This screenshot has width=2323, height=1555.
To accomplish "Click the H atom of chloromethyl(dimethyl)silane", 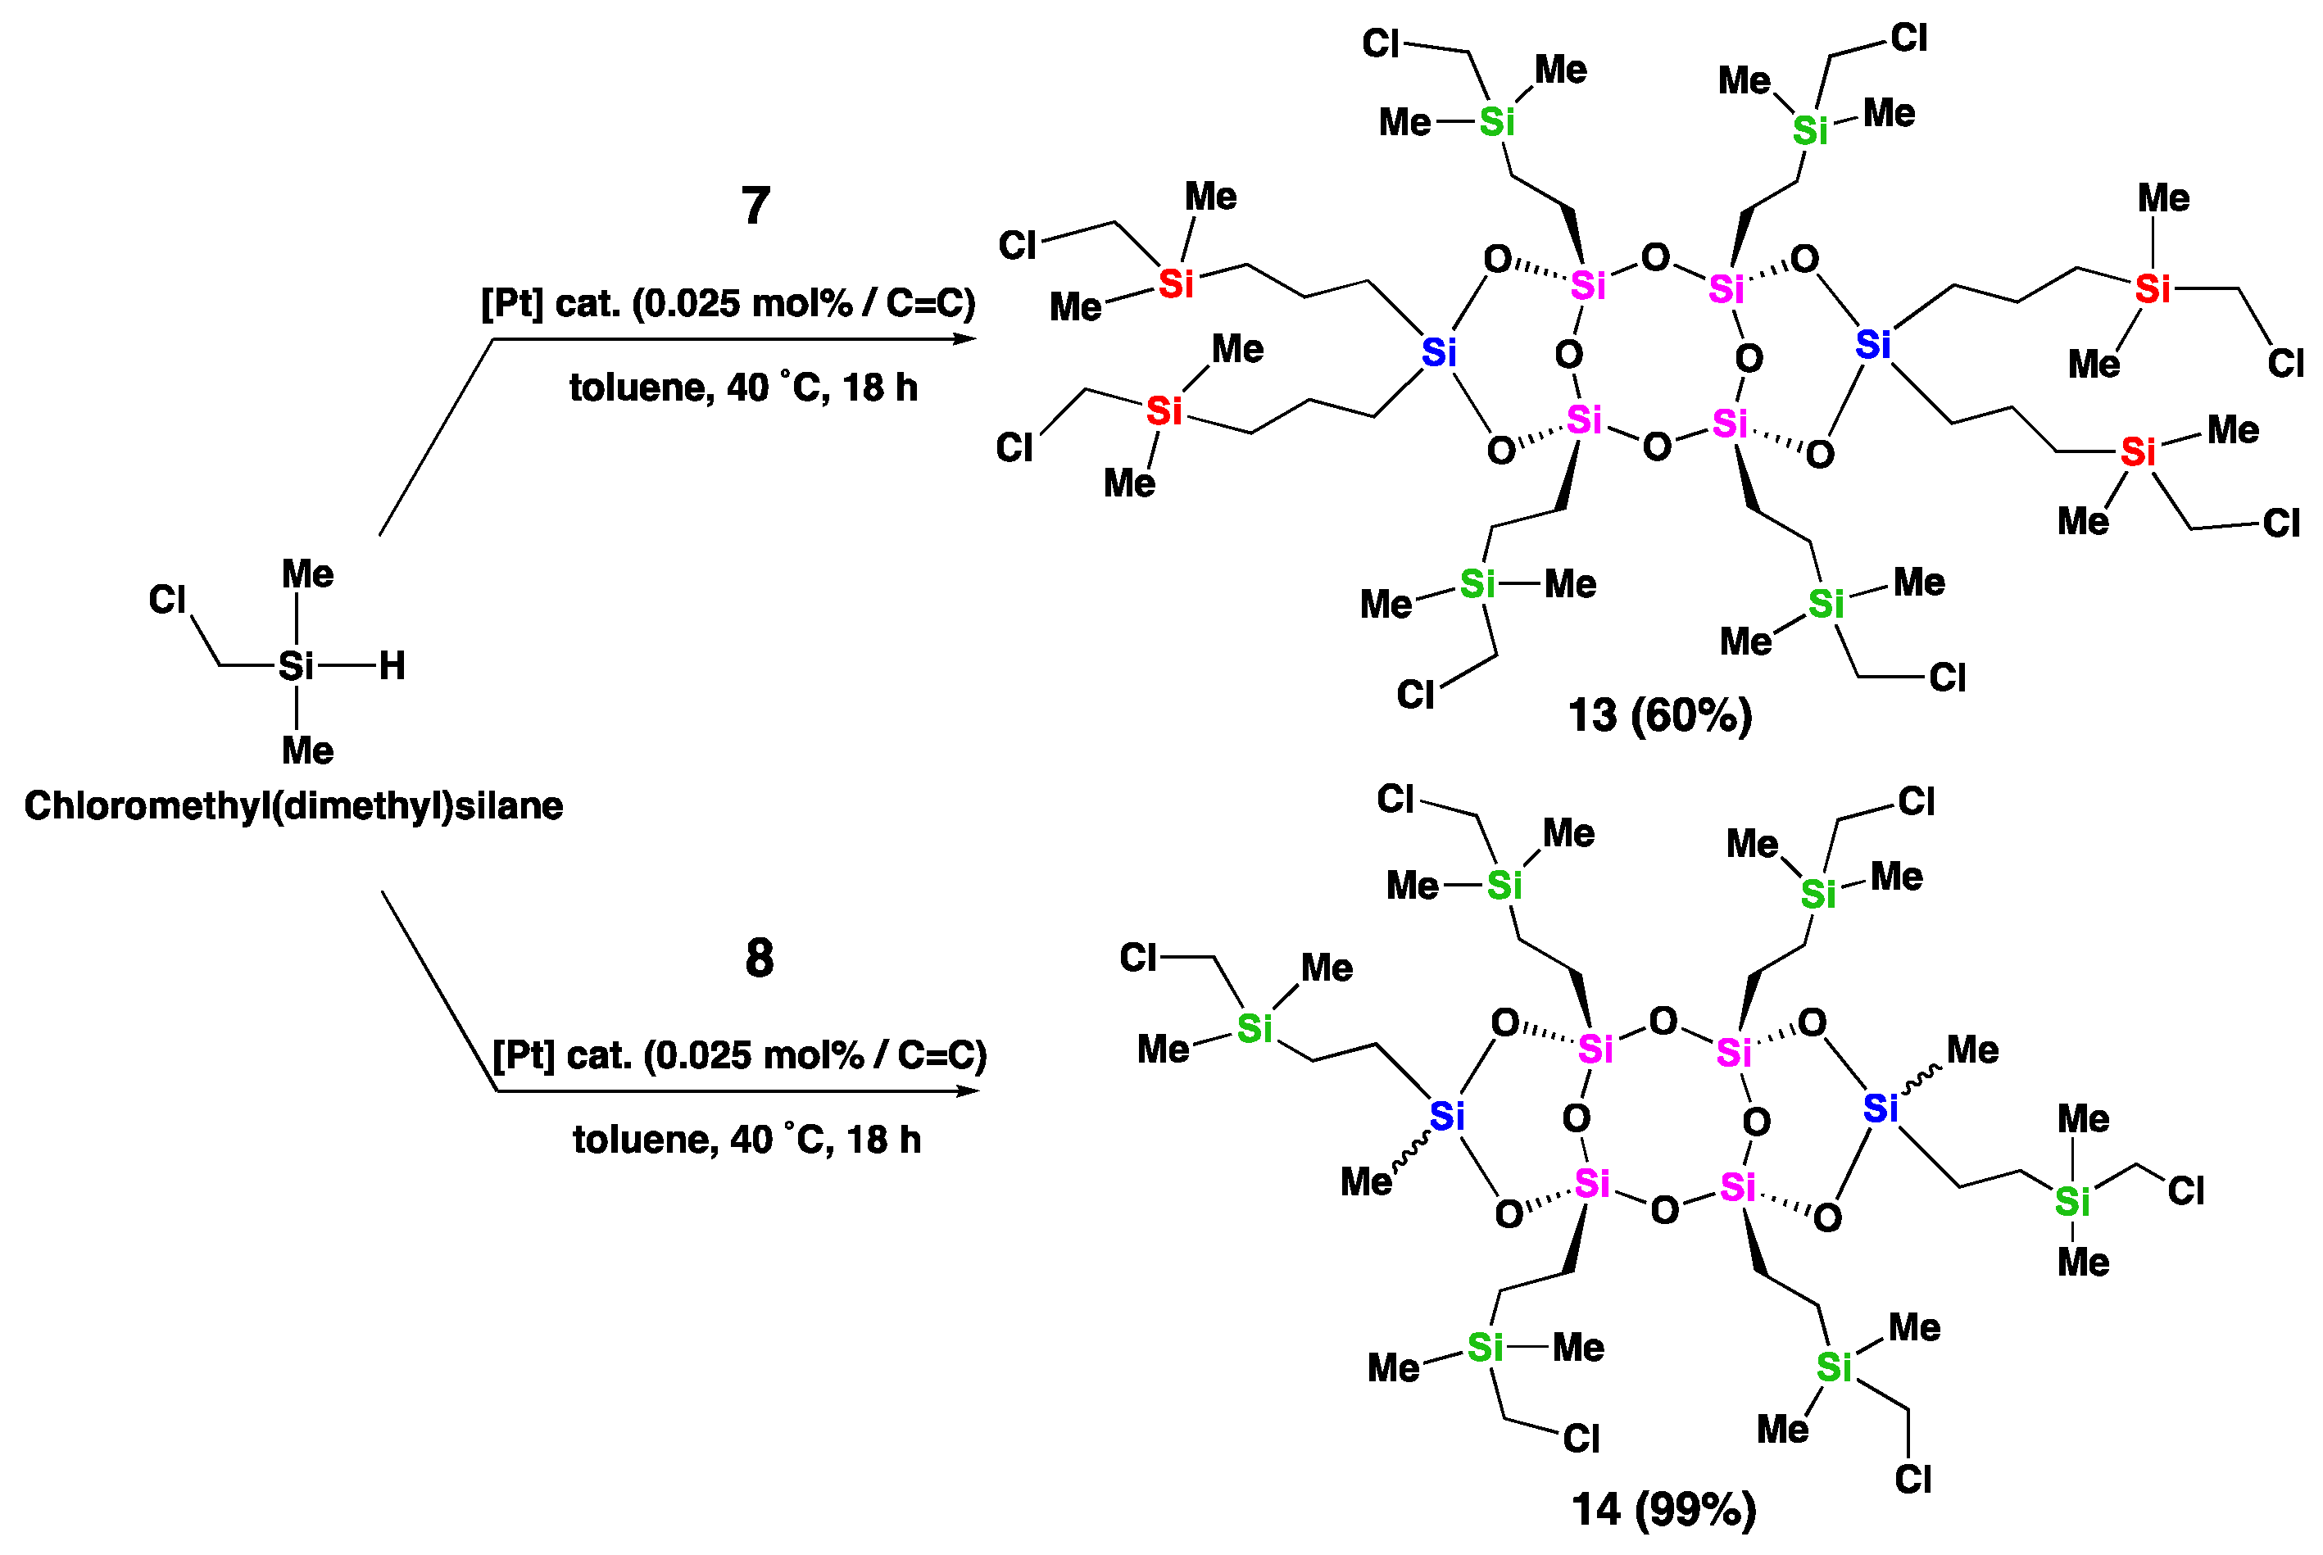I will click(x=392, y=666).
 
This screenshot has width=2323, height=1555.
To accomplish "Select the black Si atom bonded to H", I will click(x=296, y=666).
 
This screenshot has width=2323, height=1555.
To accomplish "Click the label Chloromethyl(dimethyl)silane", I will click(x=293, y=806).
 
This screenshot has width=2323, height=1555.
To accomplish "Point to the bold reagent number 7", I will click(x=755, y=206).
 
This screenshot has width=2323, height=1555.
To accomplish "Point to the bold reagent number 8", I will click(x=759, y=958).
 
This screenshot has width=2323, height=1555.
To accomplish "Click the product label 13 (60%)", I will click(x=1659, y=715).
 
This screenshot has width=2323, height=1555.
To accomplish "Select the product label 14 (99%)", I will click(x=1663, y=1509).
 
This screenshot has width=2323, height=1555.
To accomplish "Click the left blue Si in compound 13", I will click(x=1438, y=352).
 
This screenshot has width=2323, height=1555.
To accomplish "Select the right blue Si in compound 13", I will click(x=1872, y=345).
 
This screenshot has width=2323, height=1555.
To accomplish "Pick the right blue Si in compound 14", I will click(x=1880, y=1108).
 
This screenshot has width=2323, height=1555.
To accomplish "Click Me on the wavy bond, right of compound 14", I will click(x=1971, y=1050).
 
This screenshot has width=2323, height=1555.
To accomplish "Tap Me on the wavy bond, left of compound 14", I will click(x=1366, y=1182).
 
